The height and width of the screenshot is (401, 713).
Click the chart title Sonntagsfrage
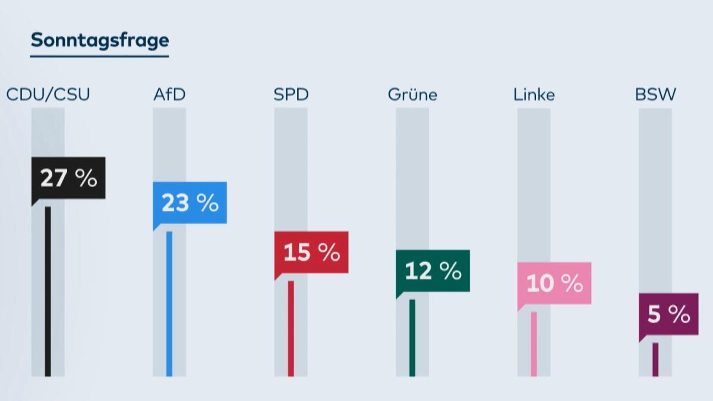tap(100, 40)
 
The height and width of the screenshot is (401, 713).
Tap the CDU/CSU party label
tap(48, 94)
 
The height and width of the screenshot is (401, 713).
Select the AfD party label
tap(169, 94)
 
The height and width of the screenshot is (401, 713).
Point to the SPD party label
tap(291, 94)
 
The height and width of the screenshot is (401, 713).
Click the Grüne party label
tap(412, 95)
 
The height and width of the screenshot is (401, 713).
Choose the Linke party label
tap(534, 94)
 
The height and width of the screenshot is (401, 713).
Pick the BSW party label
tap(655, 94)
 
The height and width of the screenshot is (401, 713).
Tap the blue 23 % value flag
tap(190, 203)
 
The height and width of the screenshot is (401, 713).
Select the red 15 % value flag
tap(311, 252)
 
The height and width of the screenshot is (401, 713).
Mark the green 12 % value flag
tap(433, 271)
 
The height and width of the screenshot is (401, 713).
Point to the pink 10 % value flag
tap(554, 283)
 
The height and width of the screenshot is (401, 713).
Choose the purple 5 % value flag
tap(668, 314)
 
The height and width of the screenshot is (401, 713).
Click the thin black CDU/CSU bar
tap(48, 291)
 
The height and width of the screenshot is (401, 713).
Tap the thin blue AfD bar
tap(169, 303)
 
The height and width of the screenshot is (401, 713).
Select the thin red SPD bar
tap(291, 328)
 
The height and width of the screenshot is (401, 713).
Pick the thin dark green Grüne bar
tap(412, 337)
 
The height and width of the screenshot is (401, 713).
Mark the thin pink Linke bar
tap(534, 343)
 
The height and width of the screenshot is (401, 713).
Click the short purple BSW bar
tap(655, 359)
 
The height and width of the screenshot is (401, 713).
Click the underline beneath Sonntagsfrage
tap(100, 56)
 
